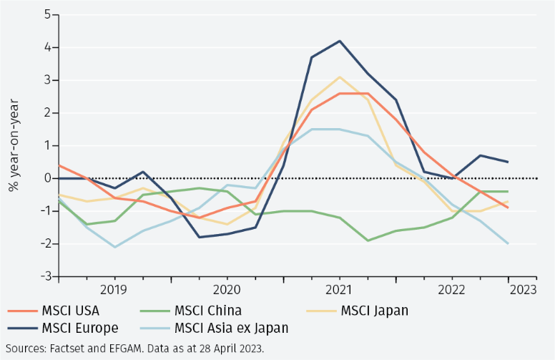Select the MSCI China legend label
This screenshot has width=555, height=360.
point(208,311)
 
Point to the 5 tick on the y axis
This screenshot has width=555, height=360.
point(46,14)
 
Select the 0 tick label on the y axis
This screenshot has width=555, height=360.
point(46,178)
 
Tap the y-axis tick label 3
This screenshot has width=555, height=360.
point(46,80)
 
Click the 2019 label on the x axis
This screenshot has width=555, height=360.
point(114,290)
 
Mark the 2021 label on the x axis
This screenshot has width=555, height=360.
point(339,290)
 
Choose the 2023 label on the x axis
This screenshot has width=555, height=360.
point(523,290)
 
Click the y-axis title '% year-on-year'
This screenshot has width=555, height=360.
point(13,145)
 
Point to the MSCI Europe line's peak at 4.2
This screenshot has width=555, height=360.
point(340,41)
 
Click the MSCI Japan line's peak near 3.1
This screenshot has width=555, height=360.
point(340,77)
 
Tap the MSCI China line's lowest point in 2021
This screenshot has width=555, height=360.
point(368,240)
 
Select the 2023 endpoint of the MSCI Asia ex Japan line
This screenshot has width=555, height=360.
point(509,243)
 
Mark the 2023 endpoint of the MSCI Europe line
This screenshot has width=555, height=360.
point(509,162)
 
